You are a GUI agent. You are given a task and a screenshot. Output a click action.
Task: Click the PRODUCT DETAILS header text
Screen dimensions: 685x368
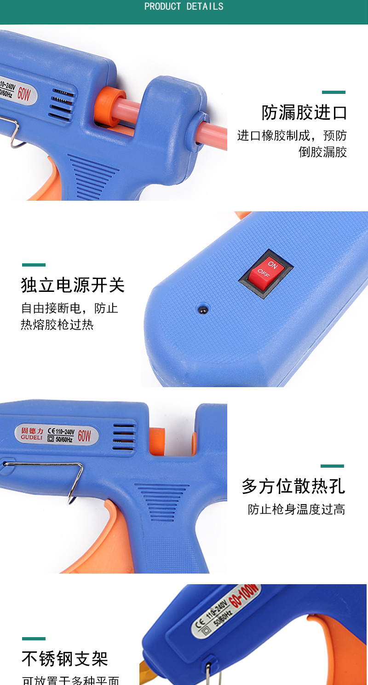[x=184, y=6]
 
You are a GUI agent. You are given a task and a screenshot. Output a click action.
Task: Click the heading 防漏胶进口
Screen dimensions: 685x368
[x=304, y=112]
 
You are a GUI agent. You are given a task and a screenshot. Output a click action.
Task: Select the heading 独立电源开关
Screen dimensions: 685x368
[x=73, y=285]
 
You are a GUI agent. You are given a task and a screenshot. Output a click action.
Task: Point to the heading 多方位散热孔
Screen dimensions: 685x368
[x=293, y=486]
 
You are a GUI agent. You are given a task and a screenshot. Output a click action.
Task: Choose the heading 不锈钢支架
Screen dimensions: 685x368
[x=64, y=659]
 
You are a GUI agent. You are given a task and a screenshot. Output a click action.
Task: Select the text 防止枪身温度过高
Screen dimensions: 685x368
[x=296, y=510]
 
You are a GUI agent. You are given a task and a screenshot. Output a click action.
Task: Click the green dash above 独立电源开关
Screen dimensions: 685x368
[x=34, y=265]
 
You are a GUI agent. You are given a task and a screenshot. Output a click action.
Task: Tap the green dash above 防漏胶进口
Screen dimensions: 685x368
[x=333, y=93]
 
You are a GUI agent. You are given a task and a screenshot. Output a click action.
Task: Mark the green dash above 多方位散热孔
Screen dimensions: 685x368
[x=332, y=466]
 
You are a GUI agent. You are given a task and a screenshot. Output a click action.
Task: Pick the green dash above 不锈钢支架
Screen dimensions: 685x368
[x=34, y=639]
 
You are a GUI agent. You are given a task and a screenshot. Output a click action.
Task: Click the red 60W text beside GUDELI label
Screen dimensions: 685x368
[x=84, y=435]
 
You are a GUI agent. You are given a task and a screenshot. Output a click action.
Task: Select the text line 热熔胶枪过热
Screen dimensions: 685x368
[x=57, y=325]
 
